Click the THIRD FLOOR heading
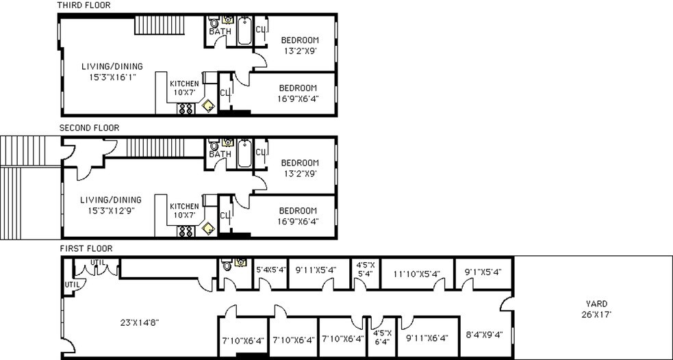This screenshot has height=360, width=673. (84, 5)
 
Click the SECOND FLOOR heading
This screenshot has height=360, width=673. (89, 127)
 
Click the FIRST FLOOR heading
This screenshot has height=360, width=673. (86, 248)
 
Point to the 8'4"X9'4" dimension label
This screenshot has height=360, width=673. (485, 335)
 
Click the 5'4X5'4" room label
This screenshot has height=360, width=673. (270, 270)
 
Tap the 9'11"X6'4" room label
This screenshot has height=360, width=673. (427, 338)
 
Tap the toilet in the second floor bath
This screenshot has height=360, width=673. (214, 145)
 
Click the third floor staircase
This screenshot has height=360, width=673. (159, 26)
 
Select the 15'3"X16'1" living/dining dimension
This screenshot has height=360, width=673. (112, 77)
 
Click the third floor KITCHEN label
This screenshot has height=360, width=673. (184, 83)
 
